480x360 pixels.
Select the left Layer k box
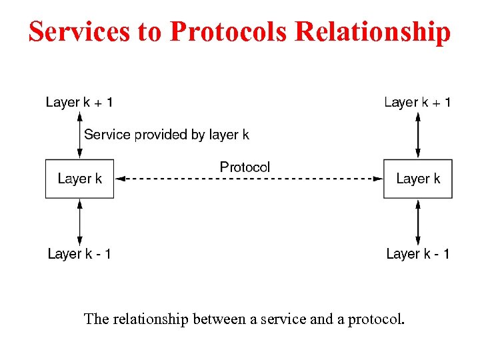(x=79, y=179)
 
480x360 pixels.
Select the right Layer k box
(x=418, y=179)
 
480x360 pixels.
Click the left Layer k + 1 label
(x=79, y=102)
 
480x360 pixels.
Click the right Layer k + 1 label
(x=417, y=102)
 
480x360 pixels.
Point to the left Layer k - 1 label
(x=79, y=254)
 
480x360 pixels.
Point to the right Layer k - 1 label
(x=417, y=254)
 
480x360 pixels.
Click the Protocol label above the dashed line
(x=245, y=167)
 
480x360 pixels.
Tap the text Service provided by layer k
(x=167, y=135)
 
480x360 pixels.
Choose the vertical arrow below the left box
(x=80, y=222)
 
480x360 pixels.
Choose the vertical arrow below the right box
(x=418, y=222)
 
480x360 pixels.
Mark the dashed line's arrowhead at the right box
(x=378, y=179)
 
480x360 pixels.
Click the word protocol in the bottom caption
(x=377, y=319)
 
